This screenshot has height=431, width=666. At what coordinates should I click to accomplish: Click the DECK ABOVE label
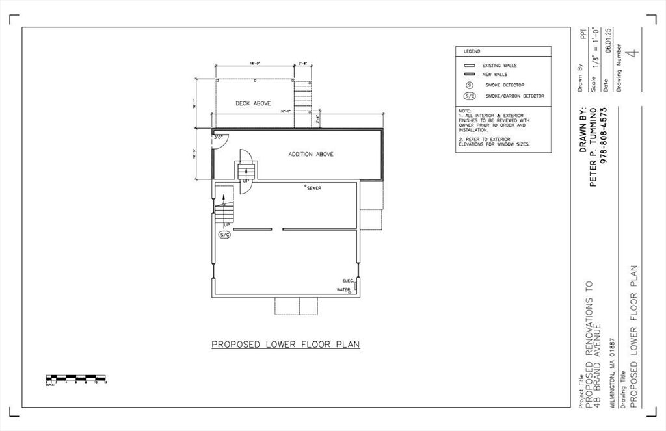253,103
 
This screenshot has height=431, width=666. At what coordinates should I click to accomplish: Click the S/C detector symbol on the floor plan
224,234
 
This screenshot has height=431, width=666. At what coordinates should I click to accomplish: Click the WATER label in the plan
343,290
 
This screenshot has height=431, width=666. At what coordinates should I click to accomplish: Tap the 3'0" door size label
218,137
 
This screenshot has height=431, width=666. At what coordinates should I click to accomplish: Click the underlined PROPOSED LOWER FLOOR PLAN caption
286,345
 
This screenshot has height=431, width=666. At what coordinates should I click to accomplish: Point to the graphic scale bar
76,378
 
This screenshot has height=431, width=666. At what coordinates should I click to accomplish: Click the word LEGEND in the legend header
472,51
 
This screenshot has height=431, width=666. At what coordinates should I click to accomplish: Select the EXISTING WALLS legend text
499,66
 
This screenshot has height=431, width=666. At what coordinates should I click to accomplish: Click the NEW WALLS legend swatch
469,75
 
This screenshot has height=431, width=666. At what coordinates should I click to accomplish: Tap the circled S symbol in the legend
469,85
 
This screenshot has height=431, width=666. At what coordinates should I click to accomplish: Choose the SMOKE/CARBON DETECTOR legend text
514,96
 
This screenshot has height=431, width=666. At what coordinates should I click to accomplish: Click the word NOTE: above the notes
464,111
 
